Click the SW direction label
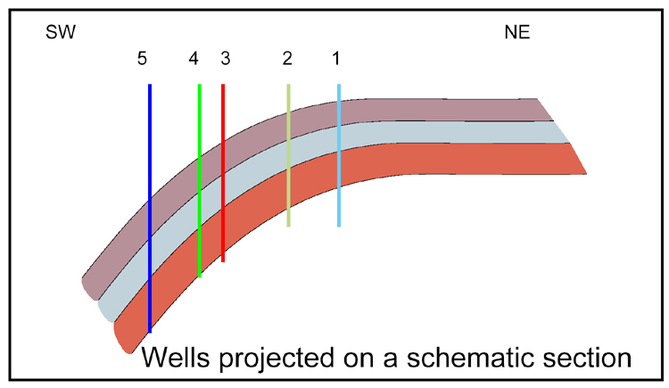(x=61, y=35)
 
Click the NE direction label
(x=517, y=35)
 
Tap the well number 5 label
(x=142, y=59)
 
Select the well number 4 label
(x=194, y=59)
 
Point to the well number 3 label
(x=224, y=59)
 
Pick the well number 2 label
(x=287, y=59)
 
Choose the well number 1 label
(x=336, y=59)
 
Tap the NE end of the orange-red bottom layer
(x=575, y=159)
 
